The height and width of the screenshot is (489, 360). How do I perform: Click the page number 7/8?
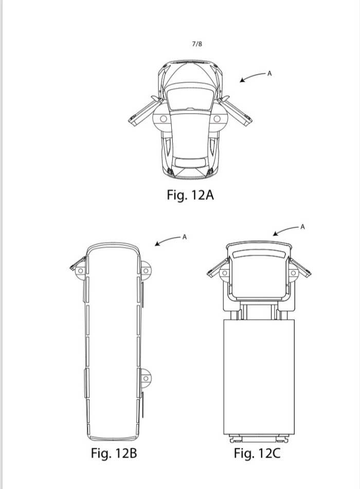point(197,44)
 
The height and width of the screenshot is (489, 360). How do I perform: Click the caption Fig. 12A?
point(190,195)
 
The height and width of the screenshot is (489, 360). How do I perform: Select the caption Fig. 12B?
point(114,453)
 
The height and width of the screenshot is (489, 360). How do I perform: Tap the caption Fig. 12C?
point(257,453)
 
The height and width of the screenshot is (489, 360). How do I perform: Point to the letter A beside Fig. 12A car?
point(269,74)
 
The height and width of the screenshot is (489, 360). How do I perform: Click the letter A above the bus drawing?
point(184,237)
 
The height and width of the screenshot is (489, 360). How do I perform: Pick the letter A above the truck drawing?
point(302,227)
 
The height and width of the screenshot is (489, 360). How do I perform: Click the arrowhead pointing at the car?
point(242,80)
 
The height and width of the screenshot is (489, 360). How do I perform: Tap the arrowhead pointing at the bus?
point(157,244)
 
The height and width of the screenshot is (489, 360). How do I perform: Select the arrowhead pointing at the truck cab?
point(276,233)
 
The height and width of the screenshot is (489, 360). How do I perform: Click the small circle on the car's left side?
point(164,119)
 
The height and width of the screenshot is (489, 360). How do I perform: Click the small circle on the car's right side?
point(217,119)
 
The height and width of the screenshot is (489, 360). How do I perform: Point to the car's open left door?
point(145,112)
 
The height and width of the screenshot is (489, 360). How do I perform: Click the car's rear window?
point(190,162)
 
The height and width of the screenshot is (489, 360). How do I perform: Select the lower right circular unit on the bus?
point(146,378)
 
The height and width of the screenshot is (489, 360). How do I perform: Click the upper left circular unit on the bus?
point(80,270)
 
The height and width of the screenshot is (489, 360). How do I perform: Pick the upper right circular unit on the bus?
point(146,270)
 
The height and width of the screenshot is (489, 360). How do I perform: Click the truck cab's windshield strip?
point(259,254)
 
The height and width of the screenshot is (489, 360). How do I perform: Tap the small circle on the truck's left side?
point(224,273)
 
